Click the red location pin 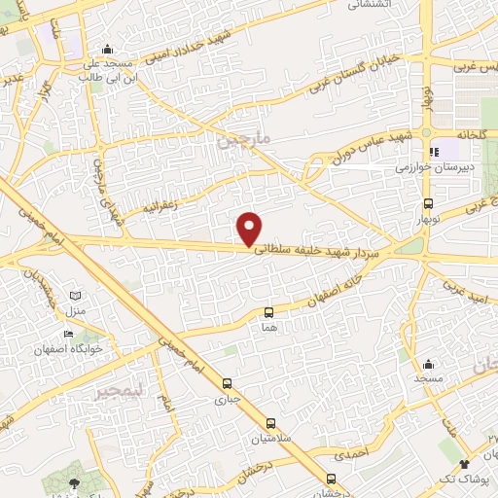tap(250, 228)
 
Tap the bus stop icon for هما tap(269, 312)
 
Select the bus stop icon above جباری tap(227, 383)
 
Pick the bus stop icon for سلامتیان tap(270, 423)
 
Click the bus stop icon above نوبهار tap(429, 204)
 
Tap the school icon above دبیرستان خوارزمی tap(434, 152)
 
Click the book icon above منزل tap(76, 296)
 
